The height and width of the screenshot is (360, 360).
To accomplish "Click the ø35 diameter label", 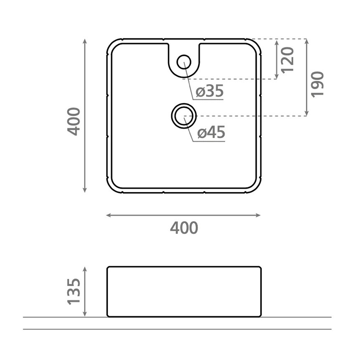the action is click(x=209, y=91).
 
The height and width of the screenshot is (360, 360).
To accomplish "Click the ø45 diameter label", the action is click(x=211, y=132).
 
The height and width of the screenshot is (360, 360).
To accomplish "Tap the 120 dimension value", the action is click(x=287, y=60).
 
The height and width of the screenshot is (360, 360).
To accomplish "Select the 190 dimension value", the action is click(x=317, y=84).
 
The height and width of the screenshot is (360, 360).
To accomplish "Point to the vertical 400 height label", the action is click(x=73, y=122).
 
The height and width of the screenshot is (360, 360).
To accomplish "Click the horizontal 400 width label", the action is click(x=184, y=228).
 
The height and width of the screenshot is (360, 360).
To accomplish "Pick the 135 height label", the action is click(x=74, y=292).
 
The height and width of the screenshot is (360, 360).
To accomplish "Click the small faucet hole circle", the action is click(x=184, y=62).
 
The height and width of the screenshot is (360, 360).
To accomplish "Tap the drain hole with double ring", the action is click(x=184, y=116).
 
